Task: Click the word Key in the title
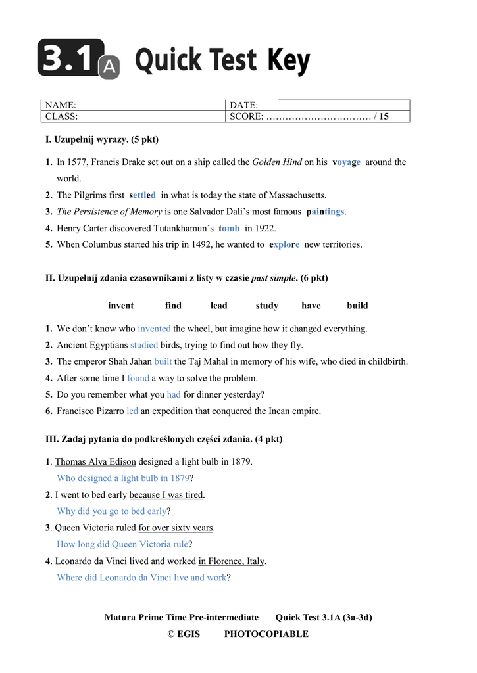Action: pos(288,61)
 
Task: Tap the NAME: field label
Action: pos(61,105)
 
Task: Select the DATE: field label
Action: pos(243,105)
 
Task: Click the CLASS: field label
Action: pos(61,116)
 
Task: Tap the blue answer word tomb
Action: pos(229,228)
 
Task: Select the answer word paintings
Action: pos(325,212)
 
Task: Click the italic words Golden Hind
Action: pos(276,162)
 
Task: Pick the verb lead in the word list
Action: pos(218,306)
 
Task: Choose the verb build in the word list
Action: pos(357,306)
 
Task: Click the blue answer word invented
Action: pos(154,329)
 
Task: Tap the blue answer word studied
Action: pos(144,345)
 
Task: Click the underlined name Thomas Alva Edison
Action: pos(95,461)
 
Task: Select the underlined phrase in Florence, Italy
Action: pos(232,561)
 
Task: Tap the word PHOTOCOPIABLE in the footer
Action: pos(266,634)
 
